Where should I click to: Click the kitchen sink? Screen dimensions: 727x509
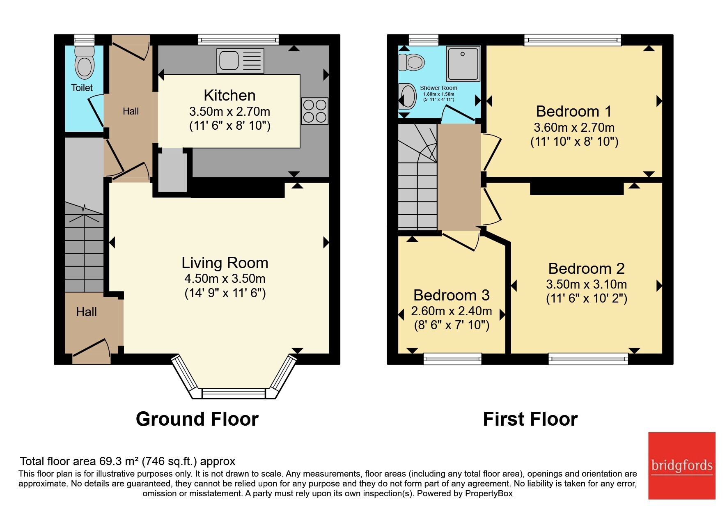(240, 61)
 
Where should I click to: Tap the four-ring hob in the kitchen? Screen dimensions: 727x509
(315, 111)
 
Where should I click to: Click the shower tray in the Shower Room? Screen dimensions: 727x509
(463, 64)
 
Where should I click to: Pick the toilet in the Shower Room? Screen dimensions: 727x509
(411, 62)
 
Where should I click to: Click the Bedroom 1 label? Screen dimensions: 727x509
(574, 111)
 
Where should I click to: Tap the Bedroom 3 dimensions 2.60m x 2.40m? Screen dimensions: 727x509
(452, 311)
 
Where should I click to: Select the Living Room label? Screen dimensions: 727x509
(225, 263)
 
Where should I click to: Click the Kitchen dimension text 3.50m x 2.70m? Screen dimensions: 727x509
(229, 112)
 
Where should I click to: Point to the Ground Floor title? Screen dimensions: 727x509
(197, 419)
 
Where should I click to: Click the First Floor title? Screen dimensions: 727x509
(530, 419)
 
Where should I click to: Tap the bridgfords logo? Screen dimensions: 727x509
(682, 466)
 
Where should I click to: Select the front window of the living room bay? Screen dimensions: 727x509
(234, 393)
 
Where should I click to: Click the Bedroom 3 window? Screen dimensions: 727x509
(452, 359)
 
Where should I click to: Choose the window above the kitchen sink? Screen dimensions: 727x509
(238, 39)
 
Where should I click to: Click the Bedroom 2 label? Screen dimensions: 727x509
(586, 268)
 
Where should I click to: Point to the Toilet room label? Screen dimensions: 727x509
(82, 88)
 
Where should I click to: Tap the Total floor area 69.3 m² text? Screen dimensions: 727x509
(128, 461)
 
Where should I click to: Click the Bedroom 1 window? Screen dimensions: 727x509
(573, 39)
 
